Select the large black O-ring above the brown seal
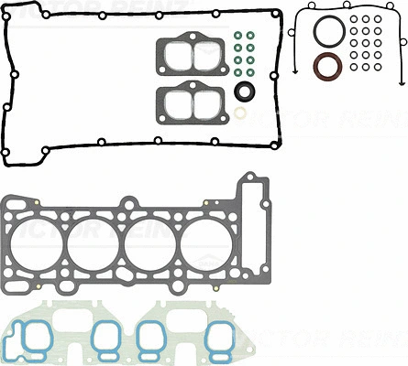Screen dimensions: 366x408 [327, 32]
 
